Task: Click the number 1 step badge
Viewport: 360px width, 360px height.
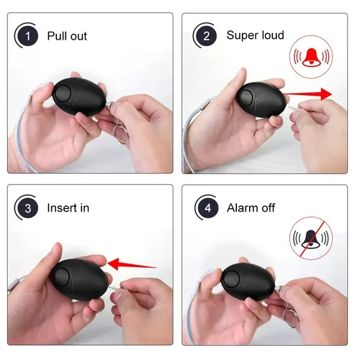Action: click(27, 35)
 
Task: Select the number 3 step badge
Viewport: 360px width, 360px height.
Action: click(27, 208)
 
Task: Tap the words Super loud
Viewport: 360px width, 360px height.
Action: click(255, 35)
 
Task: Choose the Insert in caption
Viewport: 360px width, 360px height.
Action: click(68, 208)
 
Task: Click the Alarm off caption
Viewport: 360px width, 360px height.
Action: click(251, 208)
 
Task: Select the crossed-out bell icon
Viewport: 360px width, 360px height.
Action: click(310, 238)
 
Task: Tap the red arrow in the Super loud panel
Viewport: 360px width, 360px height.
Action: click(308, 94)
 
